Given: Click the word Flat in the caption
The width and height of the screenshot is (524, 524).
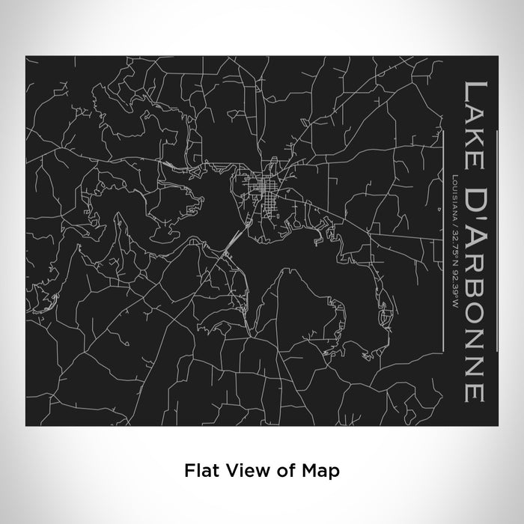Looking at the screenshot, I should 198,471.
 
